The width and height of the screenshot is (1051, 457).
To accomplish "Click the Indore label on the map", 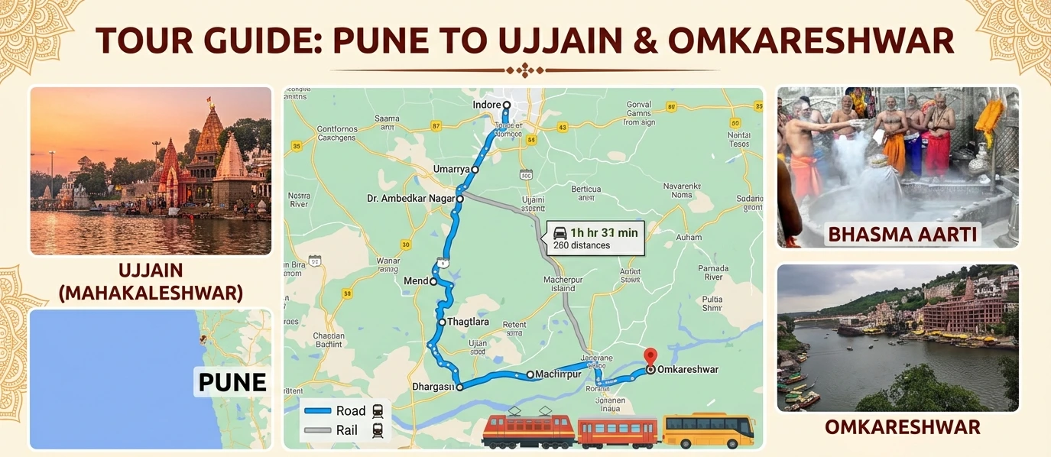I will pos(487,105).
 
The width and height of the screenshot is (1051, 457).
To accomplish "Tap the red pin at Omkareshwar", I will pos(650,356).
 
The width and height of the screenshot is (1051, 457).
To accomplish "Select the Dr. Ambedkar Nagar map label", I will pos(411,199).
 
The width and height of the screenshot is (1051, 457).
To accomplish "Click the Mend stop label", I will pos(416,281).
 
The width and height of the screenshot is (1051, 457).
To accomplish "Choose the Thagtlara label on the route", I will pos(468,322).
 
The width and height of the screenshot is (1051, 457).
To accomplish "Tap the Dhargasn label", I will pos(433,387).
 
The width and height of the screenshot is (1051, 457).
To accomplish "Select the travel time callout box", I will pos(595,238).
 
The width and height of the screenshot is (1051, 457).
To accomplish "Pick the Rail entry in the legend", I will pos(346,430).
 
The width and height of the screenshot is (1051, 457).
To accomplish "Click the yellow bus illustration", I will pos(708,430).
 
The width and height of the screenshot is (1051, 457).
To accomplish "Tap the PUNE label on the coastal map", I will pos(232,381).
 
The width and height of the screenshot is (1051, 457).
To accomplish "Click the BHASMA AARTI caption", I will pos(902,234).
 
